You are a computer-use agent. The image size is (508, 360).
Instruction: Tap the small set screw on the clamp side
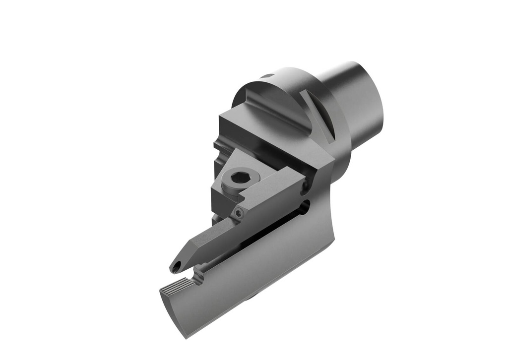point(239,213)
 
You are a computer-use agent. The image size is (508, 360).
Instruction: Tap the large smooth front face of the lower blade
point(248,278)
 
